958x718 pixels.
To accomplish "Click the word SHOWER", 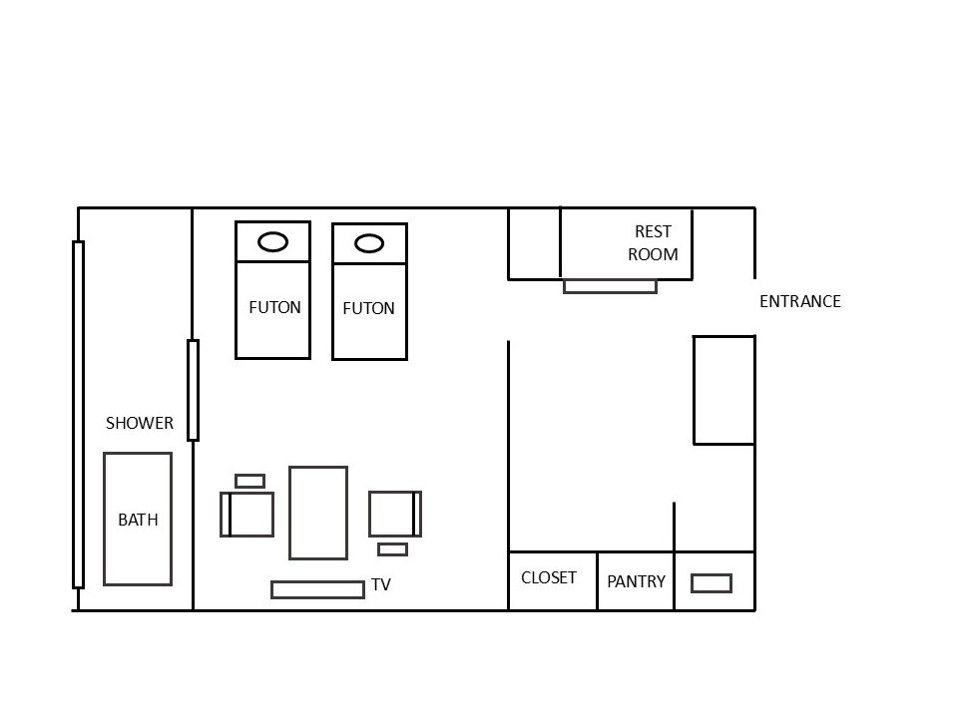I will pyautogui.click(x=140, y=423).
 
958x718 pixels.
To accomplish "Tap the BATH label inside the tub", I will pyautogui.click(x=138, y=520).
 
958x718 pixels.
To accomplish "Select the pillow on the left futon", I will pyautogui.click(x=272, y=241).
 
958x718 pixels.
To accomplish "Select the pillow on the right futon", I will pyautogui.click(x=369, y=243).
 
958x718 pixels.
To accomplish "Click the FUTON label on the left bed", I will pyautogui.click(x=274, y=307).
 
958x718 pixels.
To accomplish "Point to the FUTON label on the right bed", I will pyautogui.click(x=368, y=309).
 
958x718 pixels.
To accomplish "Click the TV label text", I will pyautogui.click(x=381, y=585).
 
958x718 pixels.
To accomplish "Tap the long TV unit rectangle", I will pyautogui.click(x=317, y=589).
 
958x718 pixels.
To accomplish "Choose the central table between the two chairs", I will pyautogui.click(x=318, y=513).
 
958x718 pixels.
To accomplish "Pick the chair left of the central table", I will pyautogui.click(x=247, y=515).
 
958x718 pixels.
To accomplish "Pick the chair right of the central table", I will pyautogui.click(x=394, y=515).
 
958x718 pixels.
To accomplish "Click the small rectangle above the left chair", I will pyautogui.click(x=249, y=481).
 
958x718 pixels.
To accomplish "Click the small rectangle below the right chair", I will pyautogui.click(x=392, y=548).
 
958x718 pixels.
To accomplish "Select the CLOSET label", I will pyautogui.click(x=549, y=577).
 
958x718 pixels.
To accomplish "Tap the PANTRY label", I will pyautogui.click(x=636, y=581).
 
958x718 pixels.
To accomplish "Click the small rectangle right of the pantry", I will pyautogui.click(x=711, y=582).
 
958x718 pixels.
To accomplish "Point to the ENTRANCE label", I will pyautogui.click(x=800, y=301).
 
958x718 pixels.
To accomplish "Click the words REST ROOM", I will pyautogui.click(x=653, y=243).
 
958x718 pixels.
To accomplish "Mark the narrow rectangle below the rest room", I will pyautogui.click(x=610, y=286).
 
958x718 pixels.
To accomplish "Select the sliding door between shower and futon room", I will pyautogui.click(x=193, y=390).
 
